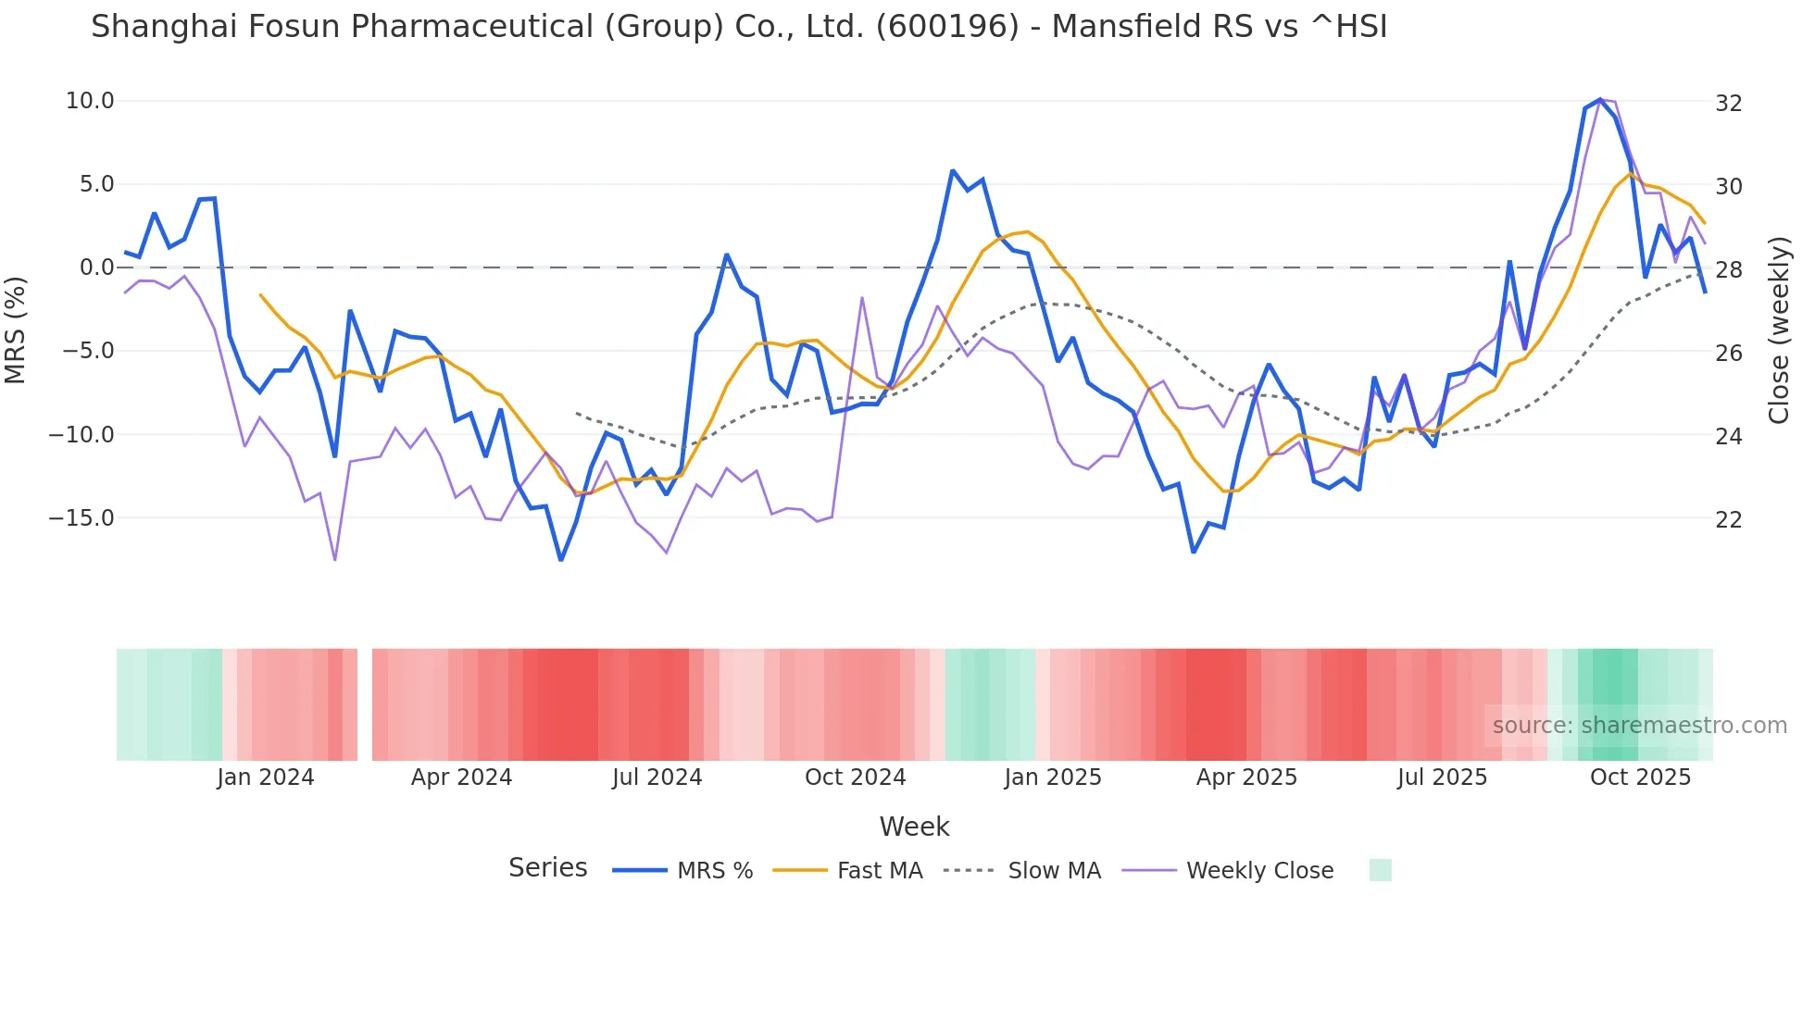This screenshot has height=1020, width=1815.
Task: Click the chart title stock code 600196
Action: point(946,27)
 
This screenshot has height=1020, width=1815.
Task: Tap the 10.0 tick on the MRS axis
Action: point(90,101)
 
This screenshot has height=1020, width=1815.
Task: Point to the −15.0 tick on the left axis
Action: point(82,518)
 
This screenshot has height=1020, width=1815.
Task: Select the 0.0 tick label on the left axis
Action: point(97,267)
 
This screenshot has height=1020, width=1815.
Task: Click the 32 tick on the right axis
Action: point(1729,103)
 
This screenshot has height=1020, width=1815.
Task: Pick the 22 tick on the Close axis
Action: point(1729,520)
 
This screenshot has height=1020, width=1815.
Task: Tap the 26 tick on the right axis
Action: point(1729,354)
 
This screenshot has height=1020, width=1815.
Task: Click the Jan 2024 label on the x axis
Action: point(266,777)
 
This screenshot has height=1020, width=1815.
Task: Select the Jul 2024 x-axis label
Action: point(657,777)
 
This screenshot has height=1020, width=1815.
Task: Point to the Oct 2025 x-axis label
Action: point(1640,777)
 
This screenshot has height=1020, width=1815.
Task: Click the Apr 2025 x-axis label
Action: point(1246,777)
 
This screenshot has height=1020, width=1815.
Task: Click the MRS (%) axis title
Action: point(16,330)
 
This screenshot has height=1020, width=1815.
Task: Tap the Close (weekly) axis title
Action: point(1779,330)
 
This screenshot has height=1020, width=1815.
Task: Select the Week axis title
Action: point(914,827)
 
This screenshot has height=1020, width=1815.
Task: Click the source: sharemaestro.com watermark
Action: point(1639,726)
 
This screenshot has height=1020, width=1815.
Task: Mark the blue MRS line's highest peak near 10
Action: point(1600,99)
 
